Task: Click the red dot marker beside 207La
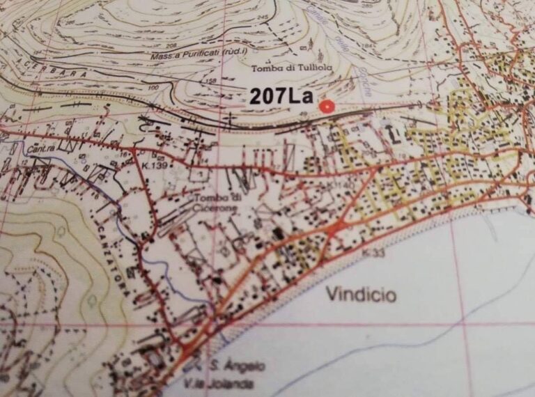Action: click(327, 106)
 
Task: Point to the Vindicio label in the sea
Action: click(361, 295)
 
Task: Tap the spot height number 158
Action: click(212, 81)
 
